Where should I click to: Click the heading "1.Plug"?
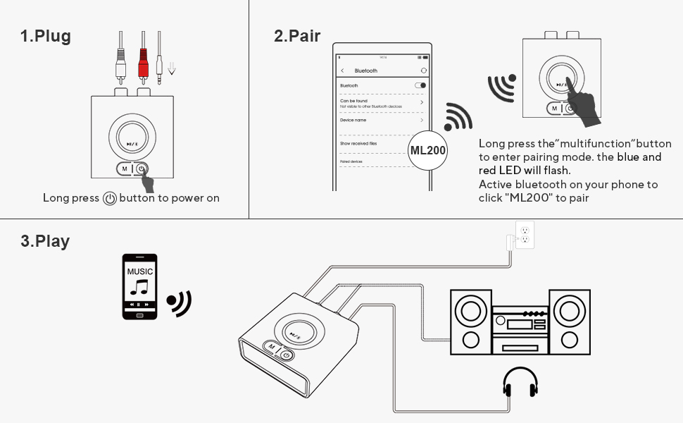tap(46, 37)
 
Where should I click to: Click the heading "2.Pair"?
tap(297, 36)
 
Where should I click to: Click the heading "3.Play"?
tap(45, 241)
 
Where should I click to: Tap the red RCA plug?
tap(143, 66)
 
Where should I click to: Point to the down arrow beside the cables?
tap(172, 68)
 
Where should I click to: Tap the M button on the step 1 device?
tap(124, 168)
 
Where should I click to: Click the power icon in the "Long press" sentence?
tap(109, 199)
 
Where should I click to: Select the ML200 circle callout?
tap(428, 151)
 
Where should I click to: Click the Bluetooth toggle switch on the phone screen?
tap(420, 85)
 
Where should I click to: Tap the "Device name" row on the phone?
tap(380, 121)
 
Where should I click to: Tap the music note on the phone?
tap(139, 287)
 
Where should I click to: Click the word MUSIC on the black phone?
tap(139, 271)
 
